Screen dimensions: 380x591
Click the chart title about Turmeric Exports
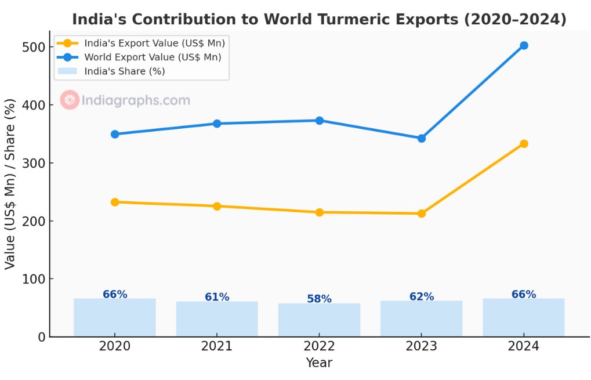[318, 19]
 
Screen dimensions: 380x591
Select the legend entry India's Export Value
[154, 43]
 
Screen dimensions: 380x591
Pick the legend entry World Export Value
[153, 57]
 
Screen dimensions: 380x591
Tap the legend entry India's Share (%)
[124, 71]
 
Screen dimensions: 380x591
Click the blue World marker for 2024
[524, 45]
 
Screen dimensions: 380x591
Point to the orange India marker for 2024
[524, 143]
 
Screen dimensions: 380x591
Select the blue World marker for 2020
[115, 134]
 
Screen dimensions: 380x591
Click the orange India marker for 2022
[319, 212]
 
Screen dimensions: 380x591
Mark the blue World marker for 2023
[422, 138]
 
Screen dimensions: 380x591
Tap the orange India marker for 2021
[217, 206]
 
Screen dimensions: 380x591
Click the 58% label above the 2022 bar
[319, 299]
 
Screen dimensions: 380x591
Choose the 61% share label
[217, 297]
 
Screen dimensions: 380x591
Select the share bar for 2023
[422, 319]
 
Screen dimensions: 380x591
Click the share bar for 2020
[115, 317]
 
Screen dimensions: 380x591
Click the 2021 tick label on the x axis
[217, 346]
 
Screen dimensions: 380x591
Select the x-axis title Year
[319, 363]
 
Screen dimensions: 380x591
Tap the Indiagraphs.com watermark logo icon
[70, 100]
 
